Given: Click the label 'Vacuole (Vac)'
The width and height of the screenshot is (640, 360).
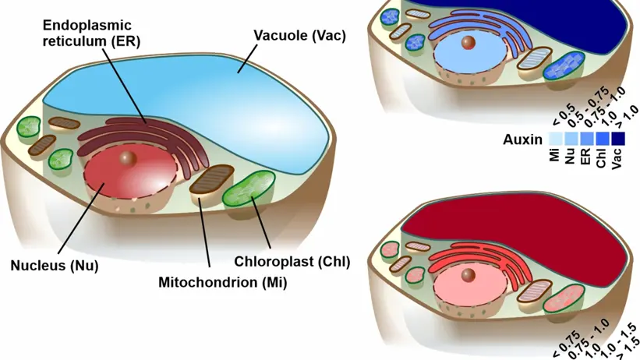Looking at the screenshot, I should pyautogui.click(x=299, y=36).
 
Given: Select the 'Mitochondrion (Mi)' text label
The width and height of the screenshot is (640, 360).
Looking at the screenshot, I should pyautogui.click(x=222, y=282).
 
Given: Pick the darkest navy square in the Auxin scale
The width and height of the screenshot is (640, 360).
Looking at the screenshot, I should pyautogui.click(x=621, y=139).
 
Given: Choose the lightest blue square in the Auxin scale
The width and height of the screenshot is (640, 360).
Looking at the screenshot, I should pyautogui.click(x=554, y=139).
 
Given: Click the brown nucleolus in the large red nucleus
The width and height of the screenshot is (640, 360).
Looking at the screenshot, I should pyautogui.click(x=128, y=159).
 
